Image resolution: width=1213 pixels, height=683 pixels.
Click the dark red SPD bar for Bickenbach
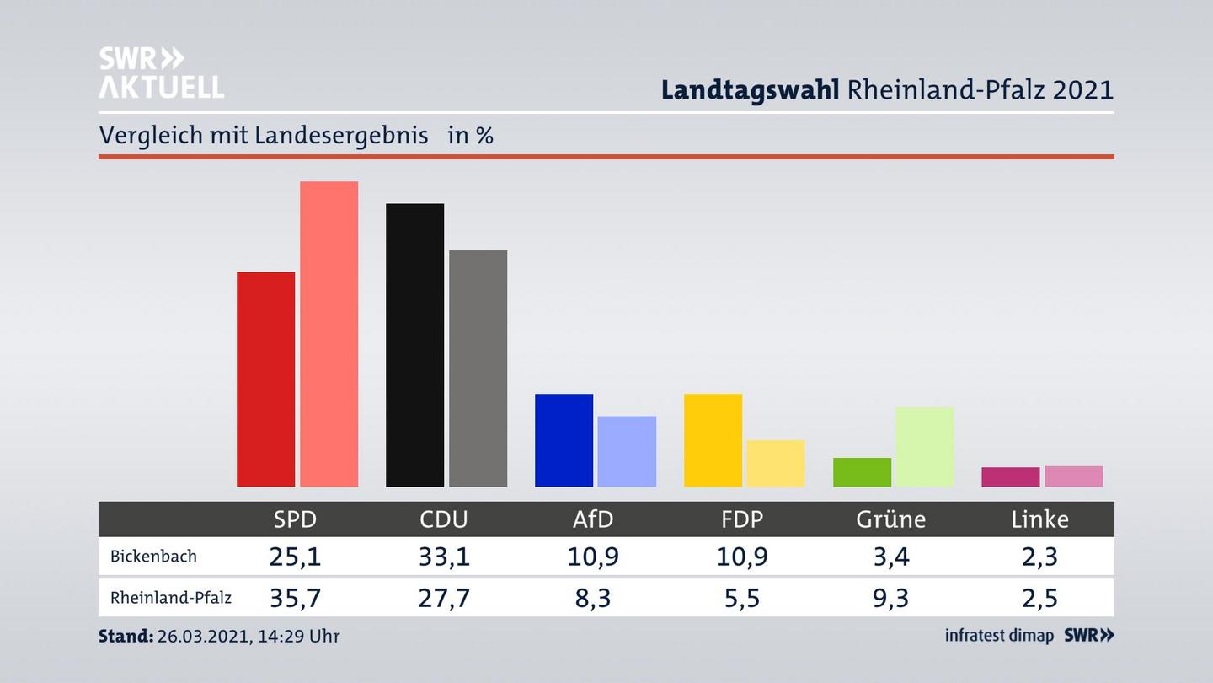pos(265,379)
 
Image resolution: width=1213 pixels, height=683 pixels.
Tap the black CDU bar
pos(414,345)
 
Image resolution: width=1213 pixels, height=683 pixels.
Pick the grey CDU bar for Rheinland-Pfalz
pos(478,368)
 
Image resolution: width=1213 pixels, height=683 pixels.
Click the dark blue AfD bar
pos(564,440)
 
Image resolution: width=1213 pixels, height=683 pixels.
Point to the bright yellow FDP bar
pos(713,440)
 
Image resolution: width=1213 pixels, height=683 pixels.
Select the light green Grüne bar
pos(924,447)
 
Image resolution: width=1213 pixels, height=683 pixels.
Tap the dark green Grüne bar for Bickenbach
pos(862,472)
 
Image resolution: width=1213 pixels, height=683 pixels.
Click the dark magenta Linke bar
pos(1010,477)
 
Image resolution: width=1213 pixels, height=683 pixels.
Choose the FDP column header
pos(742,519)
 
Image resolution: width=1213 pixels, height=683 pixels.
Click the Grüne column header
pos(890,519)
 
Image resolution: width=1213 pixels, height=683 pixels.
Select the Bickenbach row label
pos(153,557)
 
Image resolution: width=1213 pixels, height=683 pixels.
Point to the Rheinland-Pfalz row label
pos(171,598)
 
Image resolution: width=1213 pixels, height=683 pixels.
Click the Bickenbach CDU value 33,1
pos(444,557)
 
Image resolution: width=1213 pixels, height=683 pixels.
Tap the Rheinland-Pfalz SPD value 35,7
pos(295,598)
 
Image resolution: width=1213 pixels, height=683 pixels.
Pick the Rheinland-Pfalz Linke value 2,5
pos(1039,598)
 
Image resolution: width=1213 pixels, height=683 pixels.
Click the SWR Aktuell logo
pos(161,73)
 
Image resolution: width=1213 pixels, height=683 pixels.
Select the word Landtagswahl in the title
pos(750,90)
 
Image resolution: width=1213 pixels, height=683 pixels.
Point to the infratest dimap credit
pos(999,636)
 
